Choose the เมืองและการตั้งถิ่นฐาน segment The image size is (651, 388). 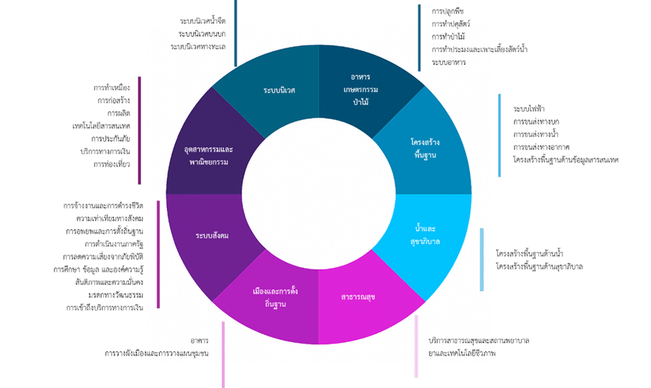pos(275,298)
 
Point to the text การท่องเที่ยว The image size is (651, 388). pos(112,164)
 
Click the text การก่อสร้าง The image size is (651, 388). pos(113,100)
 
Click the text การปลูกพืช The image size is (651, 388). pos(448,11)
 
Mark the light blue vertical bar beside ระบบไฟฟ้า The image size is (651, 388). pos(500,135)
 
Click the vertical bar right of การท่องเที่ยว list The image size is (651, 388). pos(139,129)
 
